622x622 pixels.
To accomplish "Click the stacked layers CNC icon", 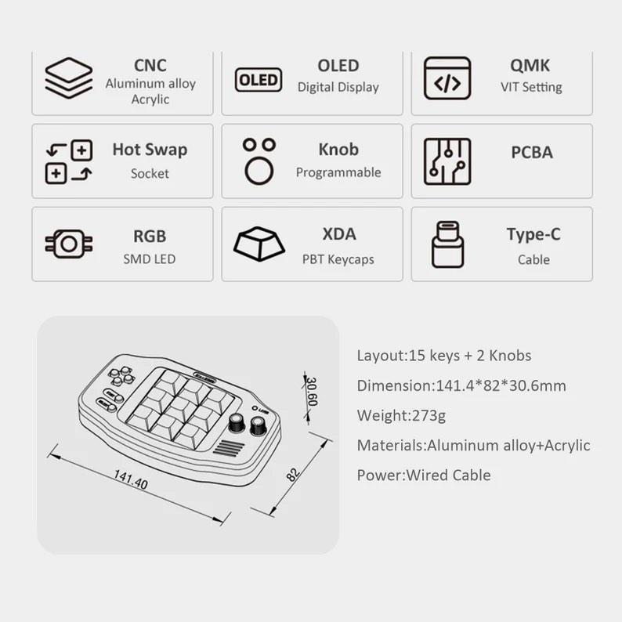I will [x=68, y=78].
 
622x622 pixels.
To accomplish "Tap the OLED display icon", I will [x=259, y=80].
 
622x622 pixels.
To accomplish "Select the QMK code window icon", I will [x=447, y=78].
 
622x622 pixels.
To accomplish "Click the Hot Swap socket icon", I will [x=69, y=162].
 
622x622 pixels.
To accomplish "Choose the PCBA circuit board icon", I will [x=447, y=161].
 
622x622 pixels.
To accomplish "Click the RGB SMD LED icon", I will [x=69, y=244].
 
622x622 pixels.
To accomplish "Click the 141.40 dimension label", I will [x=130, y=479].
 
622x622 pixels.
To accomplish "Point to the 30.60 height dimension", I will [x=311, y=389].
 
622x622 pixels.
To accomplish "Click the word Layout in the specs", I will [x=380, y=356].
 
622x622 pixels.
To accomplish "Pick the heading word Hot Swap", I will [x=150, y=149].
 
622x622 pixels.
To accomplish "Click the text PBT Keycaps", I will [x=338, y=259].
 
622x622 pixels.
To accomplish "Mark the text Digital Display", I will [x=338, y=87].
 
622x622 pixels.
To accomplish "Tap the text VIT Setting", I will [x=531, y=87].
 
